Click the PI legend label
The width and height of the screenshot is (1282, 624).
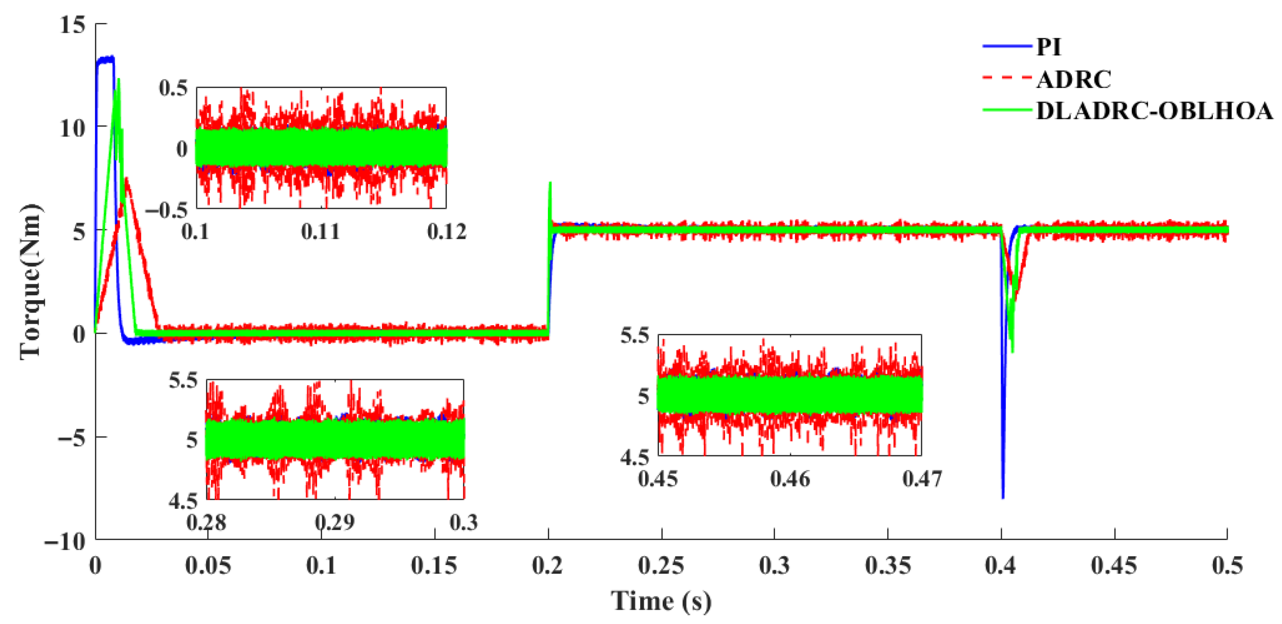(x=1048, y=48)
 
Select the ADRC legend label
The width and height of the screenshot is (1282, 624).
(x=1073, y=79)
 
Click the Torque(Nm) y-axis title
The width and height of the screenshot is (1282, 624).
(x=31, y=281)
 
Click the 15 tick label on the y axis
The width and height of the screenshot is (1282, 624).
(x=73, y=24)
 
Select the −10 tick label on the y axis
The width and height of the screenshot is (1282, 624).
(x=65, y=541)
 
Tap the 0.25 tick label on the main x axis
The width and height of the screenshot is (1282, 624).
(x=661, y=566)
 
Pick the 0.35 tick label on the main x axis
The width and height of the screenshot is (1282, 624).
(x=888, y=566)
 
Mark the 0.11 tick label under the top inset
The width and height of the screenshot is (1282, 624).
(x=321, y=232)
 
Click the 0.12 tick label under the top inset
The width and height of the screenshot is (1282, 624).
(x=447, y=232)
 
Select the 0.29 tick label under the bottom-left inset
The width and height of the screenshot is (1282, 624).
(x=335, y=523)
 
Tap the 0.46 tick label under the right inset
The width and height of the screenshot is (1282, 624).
(x=790, y=479)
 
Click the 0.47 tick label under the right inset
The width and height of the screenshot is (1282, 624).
(x=922, y=479)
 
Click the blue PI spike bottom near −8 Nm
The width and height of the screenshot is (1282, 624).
(x=1003, y=497)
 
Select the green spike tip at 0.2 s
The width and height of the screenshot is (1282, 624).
(x=550, y=183)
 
